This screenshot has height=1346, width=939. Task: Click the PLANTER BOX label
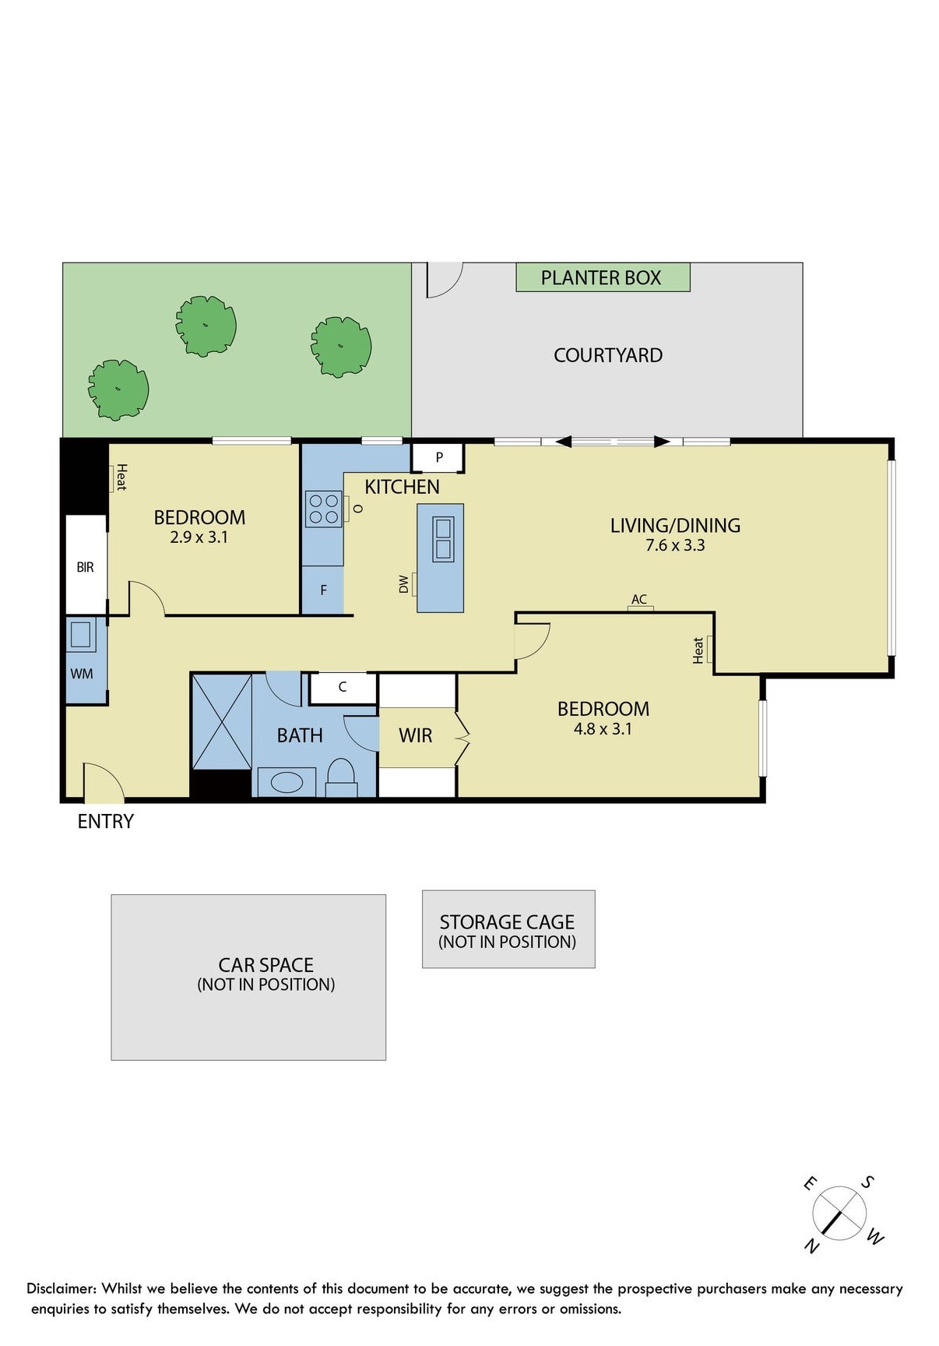click(x=601, y=278)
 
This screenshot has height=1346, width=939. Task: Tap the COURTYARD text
click(x=608, y=355)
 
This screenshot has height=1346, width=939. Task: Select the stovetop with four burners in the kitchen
click(x=324, y=509)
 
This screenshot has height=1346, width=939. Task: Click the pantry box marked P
click(x=438, y=457)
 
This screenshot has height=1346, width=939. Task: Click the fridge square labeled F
click(x=323, y=590)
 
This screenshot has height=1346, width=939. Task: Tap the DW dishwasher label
click(x=403, y=584)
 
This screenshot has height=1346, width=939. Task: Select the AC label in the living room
click(x=639, y=599)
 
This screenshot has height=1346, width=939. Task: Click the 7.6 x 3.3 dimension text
click(x=675, y=545)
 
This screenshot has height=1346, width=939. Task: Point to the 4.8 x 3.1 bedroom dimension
click(x=603, y=729)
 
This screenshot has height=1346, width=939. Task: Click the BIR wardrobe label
click(x=86, y=567)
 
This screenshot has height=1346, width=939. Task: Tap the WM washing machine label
click(x=82, y=674)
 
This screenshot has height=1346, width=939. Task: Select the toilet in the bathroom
click(x=340, y=777)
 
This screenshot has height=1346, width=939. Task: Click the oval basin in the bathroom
click(x=287, y=782)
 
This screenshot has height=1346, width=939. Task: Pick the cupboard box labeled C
click(x=343, y=687)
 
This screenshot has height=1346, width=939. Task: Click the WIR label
click(x=415, y=735)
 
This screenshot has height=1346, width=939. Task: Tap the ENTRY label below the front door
click(x=106, y=821)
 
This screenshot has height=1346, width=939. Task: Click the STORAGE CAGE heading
click(x=507, y=922)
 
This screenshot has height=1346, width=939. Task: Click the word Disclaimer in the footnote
click(x=62, y=1288)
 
